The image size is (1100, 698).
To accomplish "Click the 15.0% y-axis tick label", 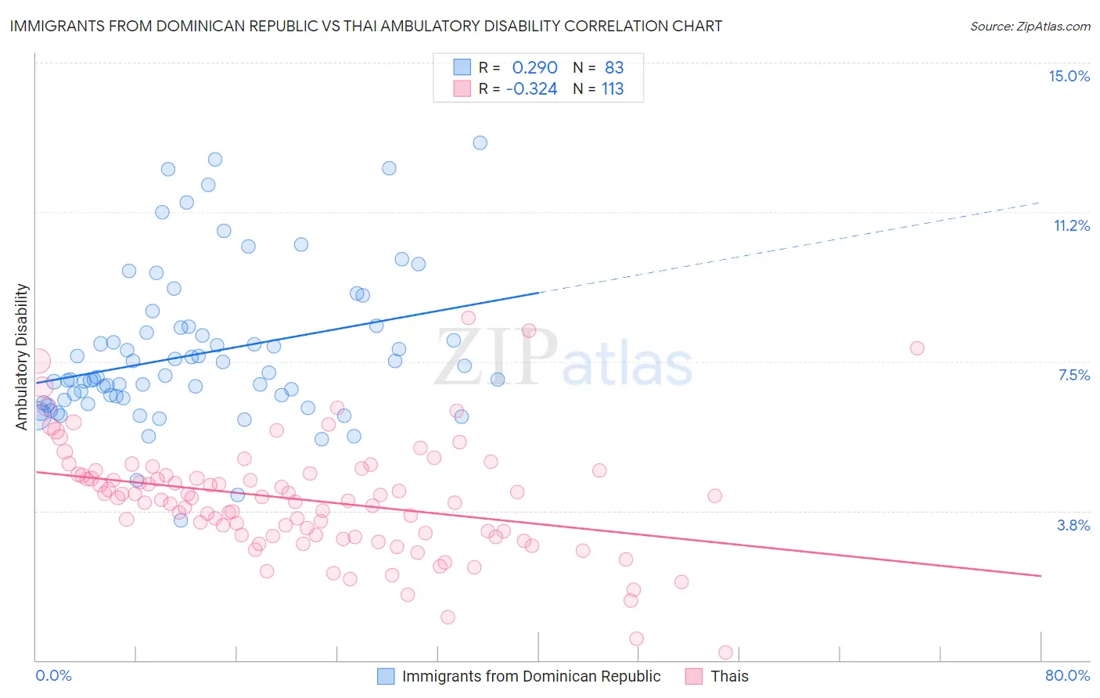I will (x=1069, y=76).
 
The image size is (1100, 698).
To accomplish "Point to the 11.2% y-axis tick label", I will (x=1071, y=225).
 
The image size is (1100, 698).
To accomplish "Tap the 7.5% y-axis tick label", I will (x=1073, y=375).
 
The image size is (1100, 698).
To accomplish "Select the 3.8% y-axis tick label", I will (x=1073, y=525).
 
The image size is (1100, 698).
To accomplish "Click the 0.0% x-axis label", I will (x=53, y=675).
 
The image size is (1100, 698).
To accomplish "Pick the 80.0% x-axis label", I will (x=1067, y=675).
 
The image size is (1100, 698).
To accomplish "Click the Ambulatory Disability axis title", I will (x=22, y=356).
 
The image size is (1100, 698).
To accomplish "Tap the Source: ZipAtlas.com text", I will (x=1030, y=26).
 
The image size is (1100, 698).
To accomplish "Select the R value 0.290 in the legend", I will (x=534, y=67).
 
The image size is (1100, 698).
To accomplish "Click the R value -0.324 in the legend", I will (x=531, y=88).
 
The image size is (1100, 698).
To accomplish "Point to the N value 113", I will (x=613, y=88).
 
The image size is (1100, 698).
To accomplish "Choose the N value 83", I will (x=614, y=67).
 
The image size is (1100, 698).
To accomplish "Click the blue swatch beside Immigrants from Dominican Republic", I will (x=386, y=676).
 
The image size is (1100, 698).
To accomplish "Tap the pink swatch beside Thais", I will (x=694, y=676).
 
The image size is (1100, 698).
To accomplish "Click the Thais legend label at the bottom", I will (x=729, y=676).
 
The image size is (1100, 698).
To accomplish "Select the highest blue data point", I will (x=480, y=142).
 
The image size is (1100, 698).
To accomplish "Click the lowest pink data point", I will (x=725, y=653).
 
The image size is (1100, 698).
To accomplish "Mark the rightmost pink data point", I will (x=917, y=348).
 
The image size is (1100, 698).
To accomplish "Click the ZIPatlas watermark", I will (x=563, y=358).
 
